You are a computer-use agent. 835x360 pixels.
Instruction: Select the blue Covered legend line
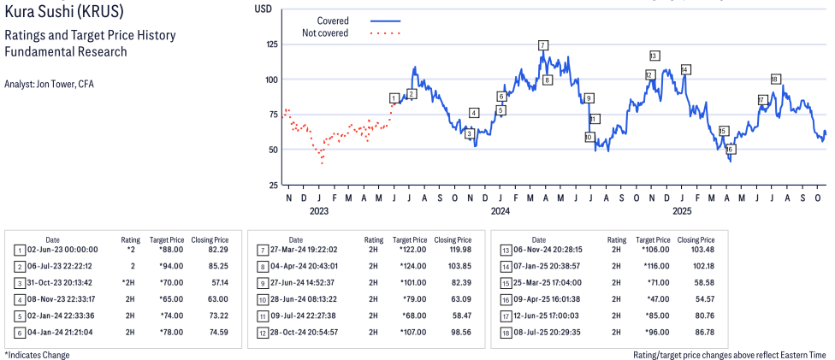(385, 21)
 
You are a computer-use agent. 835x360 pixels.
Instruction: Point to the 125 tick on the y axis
(273, 44)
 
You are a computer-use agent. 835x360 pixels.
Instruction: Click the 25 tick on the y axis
(273, 185)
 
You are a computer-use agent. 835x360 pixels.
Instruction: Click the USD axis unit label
(264, 9)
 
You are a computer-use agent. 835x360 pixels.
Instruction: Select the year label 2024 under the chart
(500, 210)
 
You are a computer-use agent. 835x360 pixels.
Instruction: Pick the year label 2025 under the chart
(682, 210)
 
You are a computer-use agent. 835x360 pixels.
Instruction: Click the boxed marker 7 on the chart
(542, 44)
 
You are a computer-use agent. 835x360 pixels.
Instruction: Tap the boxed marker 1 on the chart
(394, 98)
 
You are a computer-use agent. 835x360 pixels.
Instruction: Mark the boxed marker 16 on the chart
(730, 150)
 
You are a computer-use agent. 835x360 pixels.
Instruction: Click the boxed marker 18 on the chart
(775, 80)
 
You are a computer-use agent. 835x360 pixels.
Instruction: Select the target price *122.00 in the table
(411, 250)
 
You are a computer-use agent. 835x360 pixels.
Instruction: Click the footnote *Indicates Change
(38, 354)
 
